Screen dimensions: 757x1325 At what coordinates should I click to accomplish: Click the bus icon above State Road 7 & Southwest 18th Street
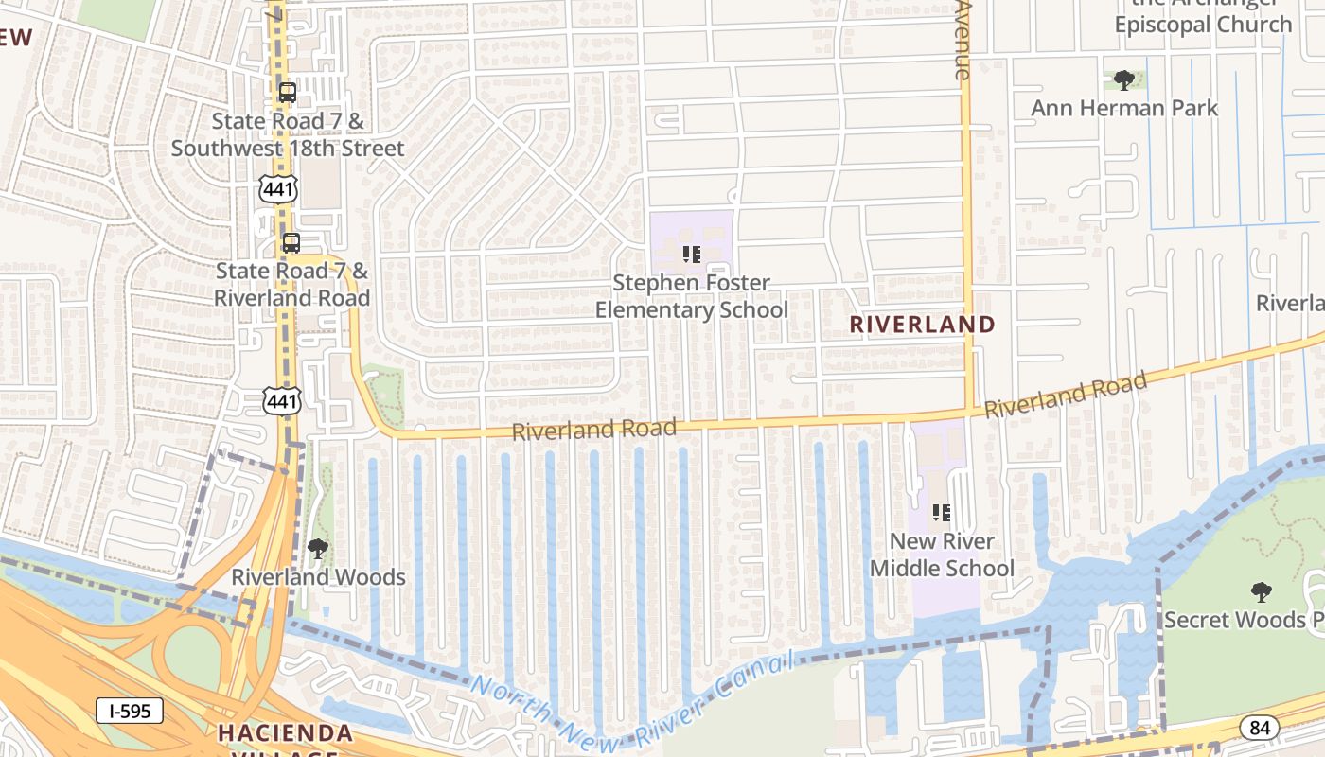coord(288,93)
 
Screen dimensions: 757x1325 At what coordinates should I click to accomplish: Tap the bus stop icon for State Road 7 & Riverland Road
coord(291,243)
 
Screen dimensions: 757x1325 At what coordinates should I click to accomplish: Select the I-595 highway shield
coord(130,712)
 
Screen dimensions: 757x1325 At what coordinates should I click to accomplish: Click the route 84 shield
coord(1260,728)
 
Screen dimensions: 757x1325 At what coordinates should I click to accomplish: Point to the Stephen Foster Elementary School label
coord(691,296)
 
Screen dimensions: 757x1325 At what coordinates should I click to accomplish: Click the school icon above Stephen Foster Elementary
coord(691,255)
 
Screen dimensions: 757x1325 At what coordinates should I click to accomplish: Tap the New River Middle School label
coord(942,555)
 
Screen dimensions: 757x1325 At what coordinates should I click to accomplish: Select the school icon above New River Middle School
coord(941,513)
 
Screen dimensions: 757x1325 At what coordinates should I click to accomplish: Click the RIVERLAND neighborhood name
coord(922,325)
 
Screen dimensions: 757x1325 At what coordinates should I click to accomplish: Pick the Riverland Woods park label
coord(318,577)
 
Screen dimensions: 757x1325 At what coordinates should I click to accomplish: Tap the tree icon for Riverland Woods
coord(318,549)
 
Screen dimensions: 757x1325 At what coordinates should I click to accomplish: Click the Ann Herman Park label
coord(1124,108)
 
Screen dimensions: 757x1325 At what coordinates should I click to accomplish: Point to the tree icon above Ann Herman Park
coord(1124,80)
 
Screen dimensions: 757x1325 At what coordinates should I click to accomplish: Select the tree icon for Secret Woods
coord(1261,592)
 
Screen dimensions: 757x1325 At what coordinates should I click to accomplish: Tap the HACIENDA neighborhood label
coord(286,733)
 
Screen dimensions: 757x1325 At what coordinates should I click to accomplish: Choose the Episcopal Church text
coord(1203,25)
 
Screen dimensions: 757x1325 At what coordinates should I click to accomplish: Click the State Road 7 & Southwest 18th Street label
coord(288,134)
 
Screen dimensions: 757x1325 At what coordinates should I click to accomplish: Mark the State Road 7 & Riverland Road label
coord(291,284)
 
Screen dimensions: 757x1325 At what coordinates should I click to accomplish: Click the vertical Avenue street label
coord(963,40)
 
